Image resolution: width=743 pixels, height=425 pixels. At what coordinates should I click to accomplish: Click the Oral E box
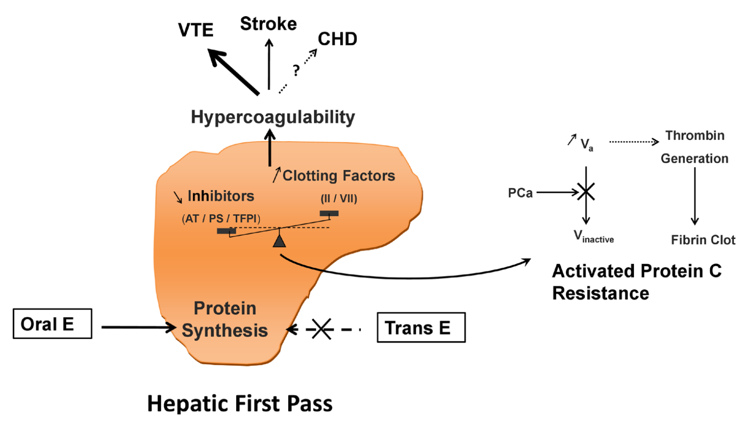point(52,323)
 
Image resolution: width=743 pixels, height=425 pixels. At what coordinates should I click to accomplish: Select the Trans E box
point(421,327)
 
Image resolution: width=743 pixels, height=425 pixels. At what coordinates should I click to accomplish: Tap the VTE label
point(196,30)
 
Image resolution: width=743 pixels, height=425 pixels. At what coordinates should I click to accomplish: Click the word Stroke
point(268,24)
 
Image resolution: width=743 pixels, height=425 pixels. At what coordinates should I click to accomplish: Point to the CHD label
point(337,39)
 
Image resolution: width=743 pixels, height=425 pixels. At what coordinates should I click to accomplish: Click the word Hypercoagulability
point(273,117)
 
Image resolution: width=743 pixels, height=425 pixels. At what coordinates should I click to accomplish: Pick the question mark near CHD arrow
point(296,71)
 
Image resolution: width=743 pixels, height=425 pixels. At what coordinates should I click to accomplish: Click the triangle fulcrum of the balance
point(280,240)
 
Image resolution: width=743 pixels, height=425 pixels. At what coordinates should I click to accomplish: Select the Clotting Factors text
point(338,176)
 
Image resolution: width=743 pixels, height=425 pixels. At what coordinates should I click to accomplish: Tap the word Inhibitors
point(221,196)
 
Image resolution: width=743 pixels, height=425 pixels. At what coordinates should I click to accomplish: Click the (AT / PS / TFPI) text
point(221,219)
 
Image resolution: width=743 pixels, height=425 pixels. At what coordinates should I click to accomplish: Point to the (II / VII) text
point(339,199)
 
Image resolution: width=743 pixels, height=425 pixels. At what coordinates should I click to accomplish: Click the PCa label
point(520,193)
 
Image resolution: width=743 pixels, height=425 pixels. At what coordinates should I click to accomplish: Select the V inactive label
point(594,237)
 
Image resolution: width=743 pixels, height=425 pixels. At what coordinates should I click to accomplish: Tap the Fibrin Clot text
point(703,240)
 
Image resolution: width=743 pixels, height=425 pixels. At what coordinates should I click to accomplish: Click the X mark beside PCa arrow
point(586,192)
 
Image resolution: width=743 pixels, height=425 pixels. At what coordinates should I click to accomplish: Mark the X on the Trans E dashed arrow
point(322,329)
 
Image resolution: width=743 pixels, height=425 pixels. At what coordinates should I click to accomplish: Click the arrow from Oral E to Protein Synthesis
point(138,327)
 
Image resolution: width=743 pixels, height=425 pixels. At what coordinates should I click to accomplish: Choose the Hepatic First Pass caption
point(240,404)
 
